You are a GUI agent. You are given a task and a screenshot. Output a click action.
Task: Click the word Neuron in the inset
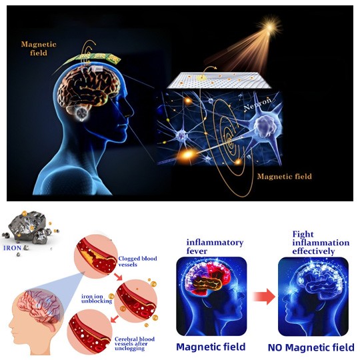tap(257, 104)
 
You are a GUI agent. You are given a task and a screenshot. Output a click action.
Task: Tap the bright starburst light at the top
tap(270, 27)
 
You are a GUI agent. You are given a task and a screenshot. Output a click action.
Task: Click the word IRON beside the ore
tap(13, 248)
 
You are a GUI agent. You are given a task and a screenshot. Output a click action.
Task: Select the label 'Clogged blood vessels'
tap(137, 261)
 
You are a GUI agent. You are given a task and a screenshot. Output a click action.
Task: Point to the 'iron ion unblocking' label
tap(97, 299)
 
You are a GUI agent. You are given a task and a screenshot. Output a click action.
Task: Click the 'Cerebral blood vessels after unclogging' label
tap(135, 344)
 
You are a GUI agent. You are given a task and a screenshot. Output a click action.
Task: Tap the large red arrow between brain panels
tap(264, 297)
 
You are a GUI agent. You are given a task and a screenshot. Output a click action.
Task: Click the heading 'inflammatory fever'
tap(215, 247)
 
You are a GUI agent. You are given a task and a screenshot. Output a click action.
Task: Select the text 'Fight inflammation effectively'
tap(321, 243)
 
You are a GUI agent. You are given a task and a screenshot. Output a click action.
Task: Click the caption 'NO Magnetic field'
tap(311, 347)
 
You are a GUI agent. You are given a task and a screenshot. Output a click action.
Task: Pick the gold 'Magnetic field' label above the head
tap(39, 49)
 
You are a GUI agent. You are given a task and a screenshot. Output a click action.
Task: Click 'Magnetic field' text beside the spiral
tap(285, 176)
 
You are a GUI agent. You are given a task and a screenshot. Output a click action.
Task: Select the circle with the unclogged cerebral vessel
tap(90, 332)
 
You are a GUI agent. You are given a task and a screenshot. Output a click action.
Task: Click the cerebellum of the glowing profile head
tap(82, 113)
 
